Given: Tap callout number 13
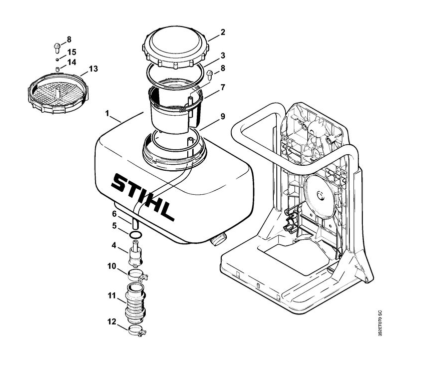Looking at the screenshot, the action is coord(93,69).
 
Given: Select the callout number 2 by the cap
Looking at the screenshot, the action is coord(223,32).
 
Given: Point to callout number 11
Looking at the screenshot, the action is coord(112,296).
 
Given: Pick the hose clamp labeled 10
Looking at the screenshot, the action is coord(138,275).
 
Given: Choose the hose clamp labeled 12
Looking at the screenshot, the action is coord(138,330).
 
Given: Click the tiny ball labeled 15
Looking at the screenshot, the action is coord(57,59).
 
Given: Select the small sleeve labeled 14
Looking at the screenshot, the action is coord(57,69).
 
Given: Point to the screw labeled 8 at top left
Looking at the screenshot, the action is coord(57,48).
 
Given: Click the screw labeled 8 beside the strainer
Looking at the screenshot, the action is coord(210,75).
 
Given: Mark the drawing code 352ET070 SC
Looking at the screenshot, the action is coord(380,323).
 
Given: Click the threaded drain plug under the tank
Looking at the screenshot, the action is coord(219,239).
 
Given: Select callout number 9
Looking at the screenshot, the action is coord(223,116).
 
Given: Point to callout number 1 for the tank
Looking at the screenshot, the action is coord(107,114).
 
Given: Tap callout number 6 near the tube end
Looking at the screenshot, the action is coord(114,214).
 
